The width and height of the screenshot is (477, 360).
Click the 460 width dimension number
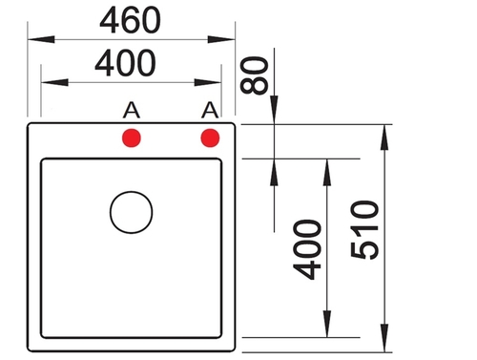pyautogui.click(x=131, y=20)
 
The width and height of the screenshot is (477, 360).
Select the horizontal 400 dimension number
pyautogui.click(x=126, y=63)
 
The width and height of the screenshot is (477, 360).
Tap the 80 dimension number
pyautogui.click(x=254, y=75)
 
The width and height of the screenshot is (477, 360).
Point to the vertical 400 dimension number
pyautogui.click(x=307, y=249)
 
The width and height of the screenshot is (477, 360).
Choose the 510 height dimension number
pyautogui.click(x=364, y=229)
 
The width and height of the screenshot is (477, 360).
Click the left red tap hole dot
pyautogui.click(x=132, y=138)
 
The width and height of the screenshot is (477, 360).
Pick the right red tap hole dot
pyautogui.click(x=210, y=138)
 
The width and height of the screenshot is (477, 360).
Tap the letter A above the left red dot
pyautogui.click(x=132, y=110)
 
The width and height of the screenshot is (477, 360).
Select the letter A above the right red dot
pyautogui.click(x=210, y=110)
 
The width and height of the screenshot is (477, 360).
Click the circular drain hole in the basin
pyautogui.click(x=132, y=192)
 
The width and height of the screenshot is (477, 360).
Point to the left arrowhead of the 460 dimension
pyautogui.click(x=41, y=39)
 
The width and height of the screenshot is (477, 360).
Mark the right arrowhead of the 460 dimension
pyautogui.click(x=221, y=39)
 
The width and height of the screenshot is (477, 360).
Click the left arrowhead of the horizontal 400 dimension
pyautogui.click(x=54, y=82)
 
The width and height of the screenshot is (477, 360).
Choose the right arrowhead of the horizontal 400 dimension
pyautogui.click(x=208, y=82)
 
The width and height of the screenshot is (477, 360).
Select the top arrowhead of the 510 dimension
pyautogui.click(x=384, y=138)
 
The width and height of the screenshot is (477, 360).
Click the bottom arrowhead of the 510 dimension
pyautogui.click(x=384, y=338)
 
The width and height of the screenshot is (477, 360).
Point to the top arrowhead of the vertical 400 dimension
pyautogui.click(x=327, y=172)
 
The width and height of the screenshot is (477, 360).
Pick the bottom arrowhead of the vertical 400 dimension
pyautogui.click(x=327, y=324)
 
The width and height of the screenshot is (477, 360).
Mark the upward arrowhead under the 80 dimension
pyautogui.click(x=274, y=172)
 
